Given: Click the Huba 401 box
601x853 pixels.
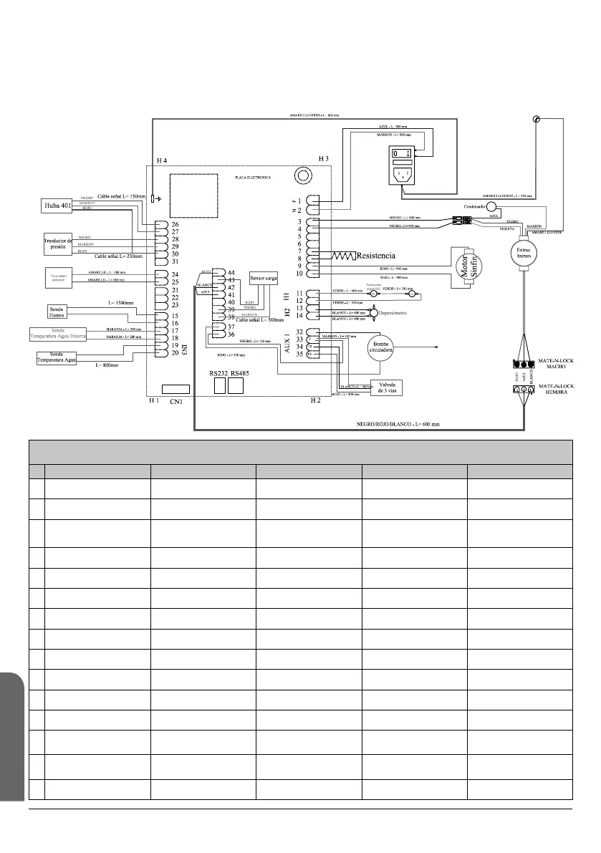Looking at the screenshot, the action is point(54,207).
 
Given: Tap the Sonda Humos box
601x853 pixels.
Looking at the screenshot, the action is point(58,310).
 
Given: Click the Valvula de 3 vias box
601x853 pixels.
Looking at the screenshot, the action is point(385,387).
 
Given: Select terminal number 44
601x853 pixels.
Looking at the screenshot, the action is point(231,272).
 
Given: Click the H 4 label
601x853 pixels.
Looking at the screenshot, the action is point(161,160).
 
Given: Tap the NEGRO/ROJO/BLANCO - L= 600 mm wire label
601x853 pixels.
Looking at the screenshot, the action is point(398,424).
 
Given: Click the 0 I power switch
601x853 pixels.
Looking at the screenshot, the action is point(401,153).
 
